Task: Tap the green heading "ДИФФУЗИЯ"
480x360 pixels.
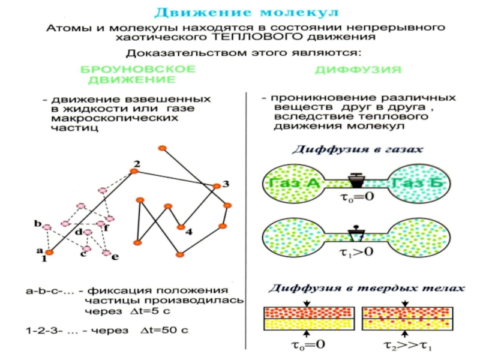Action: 358,70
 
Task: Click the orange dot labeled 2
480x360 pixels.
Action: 134,172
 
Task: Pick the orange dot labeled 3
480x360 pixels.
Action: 217,185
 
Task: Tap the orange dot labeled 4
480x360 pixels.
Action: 180,227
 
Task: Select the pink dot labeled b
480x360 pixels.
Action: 46,226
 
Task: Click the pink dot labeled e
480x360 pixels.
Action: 106,254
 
